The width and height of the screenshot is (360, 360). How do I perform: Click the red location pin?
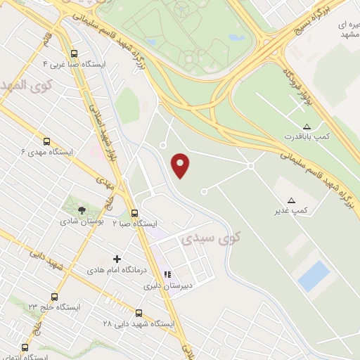point(182,165)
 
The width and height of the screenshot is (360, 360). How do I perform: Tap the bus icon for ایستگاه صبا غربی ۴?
point(75,53)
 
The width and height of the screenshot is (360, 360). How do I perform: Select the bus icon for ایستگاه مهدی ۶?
point(46,141)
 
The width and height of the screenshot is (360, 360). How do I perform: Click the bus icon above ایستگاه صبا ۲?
point(134,213)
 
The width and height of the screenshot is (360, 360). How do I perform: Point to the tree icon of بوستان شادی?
point(82,210)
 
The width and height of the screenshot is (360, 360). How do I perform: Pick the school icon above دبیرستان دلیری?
point(167,275)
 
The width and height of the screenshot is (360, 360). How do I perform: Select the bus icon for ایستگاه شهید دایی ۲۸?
point(138,314)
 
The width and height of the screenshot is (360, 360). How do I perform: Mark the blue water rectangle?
point(313,276)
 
